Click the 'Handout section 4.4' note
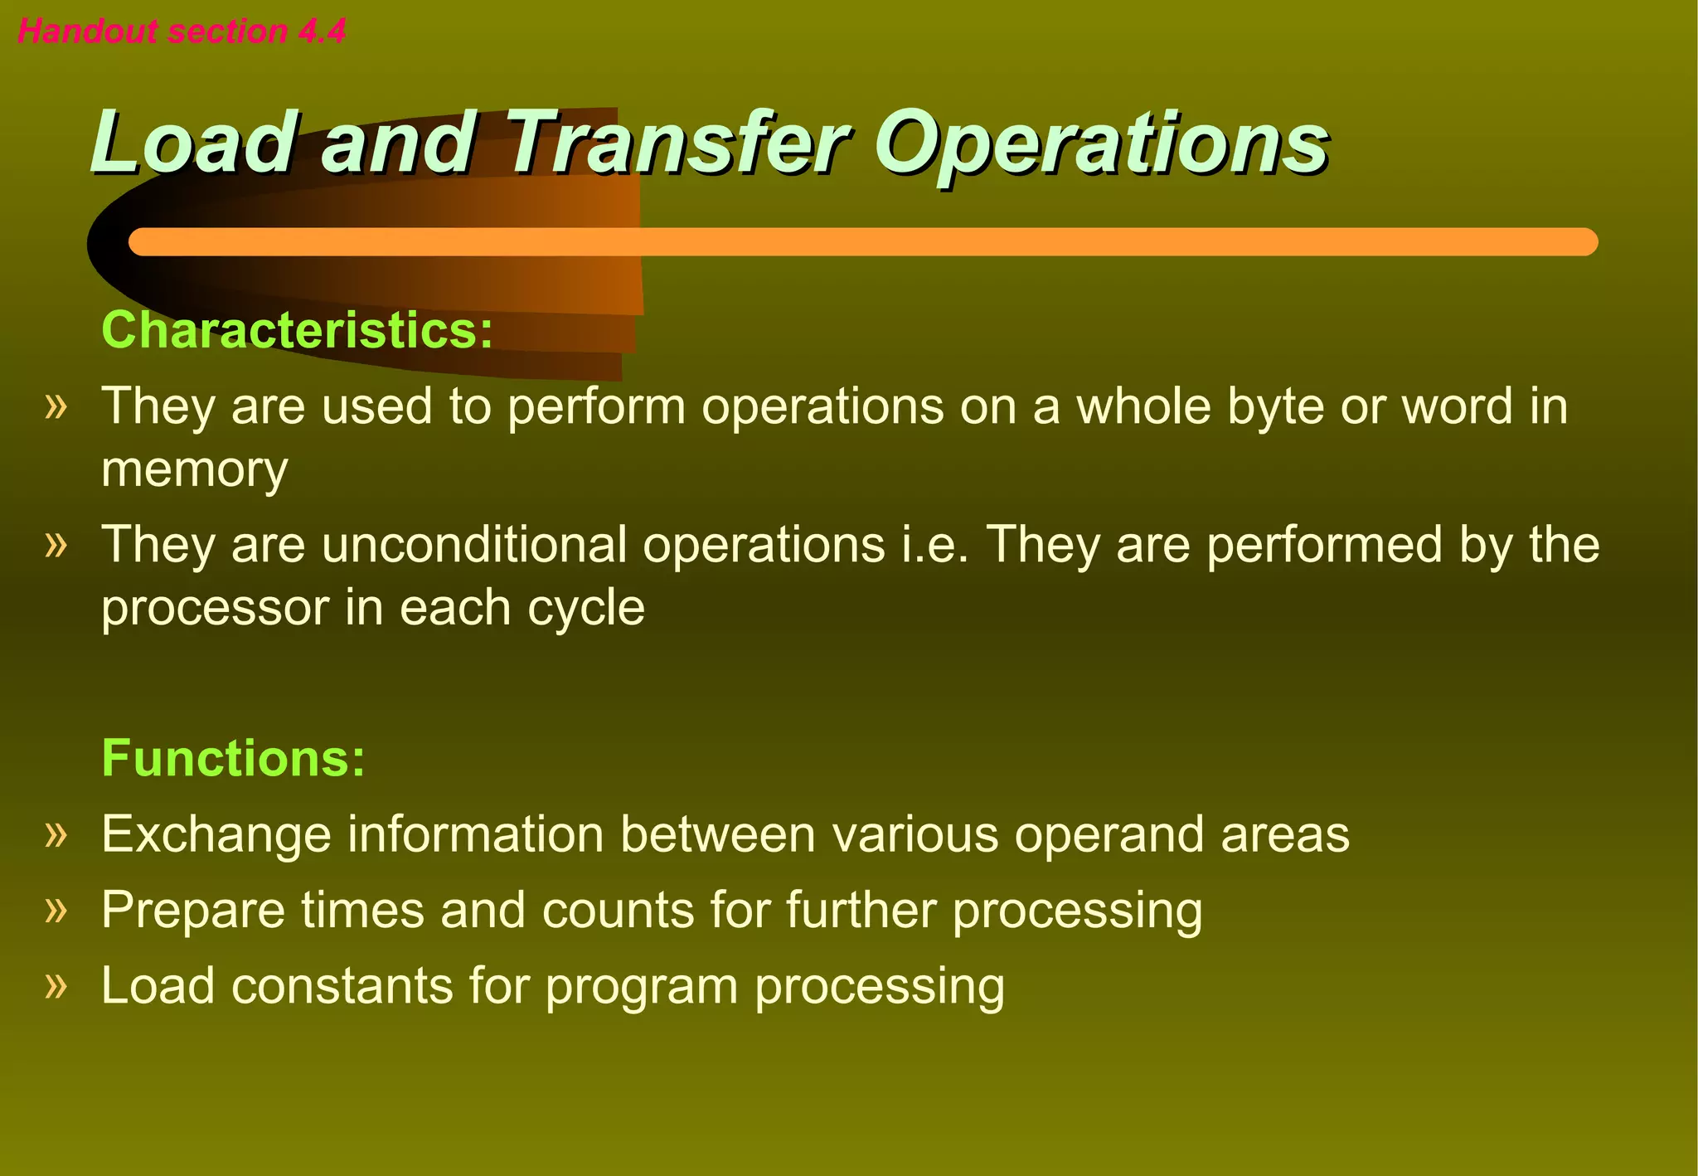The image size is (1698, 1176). (x=182, y=32)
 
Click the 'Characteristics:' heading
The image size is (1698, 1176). (x=297, y=330)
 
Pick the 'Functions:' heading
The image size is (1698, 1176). (x=233, y=757)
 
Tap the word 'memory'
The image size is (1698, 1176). (x=195, y=469)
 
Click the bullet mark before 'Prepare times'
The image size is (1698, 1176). (x=56, y=910)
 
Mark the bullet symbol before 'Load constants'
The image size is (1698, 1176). (x=56, y=986)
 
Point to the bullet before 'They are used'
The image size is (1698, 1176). (x=56, y=406)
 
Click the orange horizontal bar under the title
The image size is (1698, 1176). (x=862, y=242)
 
